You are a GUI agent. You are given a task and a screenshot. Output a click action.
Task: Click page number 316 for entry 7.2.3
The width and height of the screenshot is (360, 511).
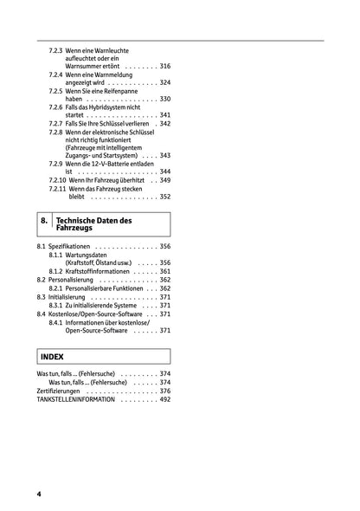coord(165,67)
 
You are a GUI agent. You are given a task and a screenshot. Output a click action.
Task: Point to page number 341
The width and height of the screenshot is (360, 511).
coord(165,114)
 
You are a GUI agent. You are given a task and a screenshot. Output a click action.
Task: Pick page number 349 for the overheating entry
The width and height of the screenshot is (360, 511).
coord(165,180)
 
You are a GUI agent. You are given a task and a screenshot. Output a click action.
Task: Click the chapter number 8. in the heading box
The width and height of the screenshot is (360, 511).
coord(45,223)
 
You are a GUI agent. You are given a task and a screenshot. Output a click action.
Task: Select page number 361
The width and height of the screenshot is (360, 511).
coord(165,272)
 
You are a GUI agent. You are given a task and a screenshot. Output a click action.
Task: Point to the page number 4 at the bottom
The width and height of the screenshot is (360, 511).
coord(39,494)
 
